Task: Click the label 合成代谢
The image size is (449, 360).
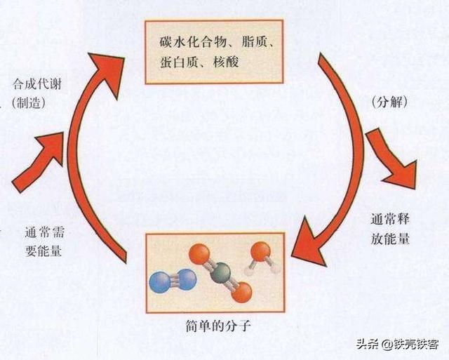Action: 37,85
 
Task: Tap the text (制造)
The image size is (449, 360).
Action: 29,103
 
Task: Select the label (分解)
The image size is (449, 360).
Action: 390,102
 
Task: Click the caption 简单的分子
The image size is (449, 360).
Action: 218,326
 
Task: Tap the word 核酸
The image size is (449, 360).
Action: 226,62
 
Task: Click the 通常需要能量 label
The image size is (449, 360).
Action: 44,241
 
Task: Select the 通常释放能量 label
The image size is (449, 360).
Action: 391,229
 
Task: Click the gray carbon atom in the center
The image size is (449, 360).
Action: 220,273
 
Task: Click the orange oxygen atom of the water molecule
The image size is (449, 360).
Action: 260,251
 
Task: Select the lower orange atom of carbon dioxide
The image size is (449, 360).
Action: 241,292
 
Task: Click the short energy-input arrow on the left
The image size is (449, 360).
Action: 37,162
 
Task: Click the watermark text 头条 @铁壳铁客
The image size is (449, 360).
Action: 398,343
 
